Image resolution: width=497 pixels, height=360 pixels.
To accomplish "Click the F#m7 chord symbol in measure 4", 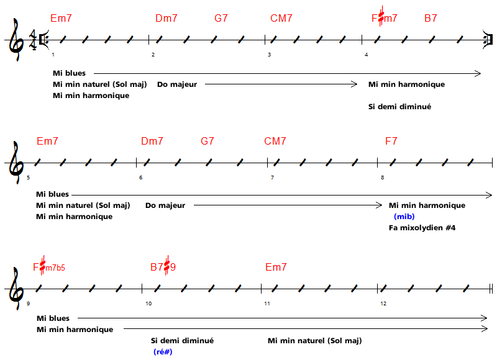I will (385, 18).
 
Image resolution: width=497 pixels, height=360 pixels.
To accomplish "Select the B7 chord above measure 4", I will (431, 19).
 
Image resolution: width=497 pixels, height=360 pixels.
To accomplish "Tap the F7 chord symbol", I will (391, 142).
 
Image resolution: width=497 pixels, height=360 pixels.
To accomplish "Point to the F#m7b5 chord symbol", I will (49, 268).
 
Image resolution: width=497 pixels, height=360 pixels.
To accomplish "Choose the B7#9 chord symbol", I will (163, 268).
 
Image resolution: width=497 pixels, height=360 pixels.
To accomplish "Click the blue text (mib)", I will (404, 217).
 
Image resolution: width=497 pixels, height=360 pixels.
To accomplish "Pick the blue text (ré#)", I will (163, 352).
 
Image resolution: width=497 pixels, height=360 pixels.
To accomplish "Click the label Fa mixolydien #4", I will (422, 228).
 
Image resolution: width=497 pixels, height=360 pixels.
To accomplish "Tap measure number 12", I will (383, 304).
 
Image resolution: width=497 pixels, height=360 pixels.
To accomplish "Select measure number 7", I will (271, 178).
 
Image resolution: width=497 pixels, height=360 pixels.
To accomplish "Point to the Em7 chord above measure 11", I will (276, 268).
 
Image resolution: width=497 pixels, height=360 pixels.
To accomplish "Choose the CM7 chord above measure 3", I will (281, 19).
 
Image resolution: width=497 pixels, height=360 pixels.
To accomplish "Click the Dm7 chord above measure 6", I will (152, 142).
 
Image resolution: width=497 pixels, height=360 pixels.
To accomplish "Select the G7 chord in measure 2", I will (221, 19).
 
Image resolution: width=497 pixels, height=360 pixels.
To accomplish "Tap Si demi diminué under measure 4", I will (399, 107).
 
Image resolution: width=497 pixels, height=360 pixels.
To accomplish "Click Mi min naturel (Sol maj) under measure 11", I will (314, 341).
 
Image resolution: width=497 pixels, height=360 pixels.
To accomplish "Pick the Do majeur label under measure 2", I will (177, 84).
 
